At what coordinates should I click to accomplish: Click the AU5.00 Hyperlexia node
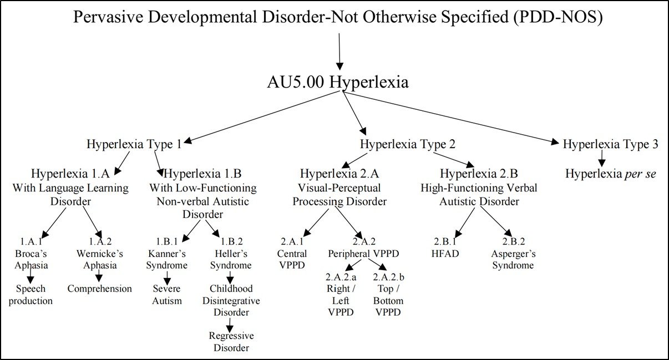338,83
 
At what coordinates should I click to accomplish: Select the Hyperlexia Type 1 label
134,144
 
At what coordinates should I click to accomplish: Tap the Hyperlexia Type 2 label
408,144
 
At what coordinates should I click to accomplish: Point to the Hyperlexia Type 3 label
610,144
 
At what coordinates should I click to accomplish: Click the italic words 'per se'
641,174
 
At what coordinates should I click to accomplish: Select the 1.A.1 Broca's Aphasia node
32,253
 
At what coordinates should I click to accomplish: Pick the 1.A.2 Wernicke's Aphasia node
99,253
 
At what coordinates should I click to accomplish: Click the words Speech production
31,295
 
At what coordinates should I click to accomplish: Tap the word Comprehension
100,288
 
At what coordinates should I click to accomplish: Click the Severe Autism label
168,295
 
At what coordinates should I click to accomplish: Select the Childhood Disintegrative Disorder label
231,300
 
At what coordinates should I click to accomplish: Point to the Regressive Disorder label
231,342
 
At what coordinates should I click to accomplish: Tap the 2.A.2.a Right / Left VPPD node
338,294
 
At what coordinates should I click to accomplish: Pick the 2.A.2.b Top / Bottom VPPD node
388,294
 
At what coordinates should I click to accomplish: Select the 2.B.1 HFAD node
444,248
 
